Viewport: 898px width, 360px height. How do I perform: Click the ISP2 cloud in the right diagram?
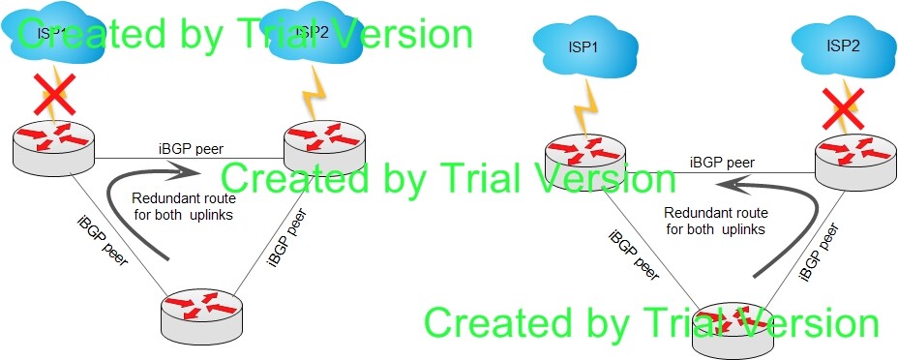[844, 47]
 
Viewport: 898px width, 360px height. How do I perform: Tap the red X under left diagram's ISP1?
[56, 93]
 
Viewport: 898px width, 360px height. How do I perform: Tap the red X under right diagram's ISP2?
[843, 108]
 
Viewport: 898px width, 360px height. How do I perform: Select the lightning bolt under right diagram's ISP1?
[587, 107]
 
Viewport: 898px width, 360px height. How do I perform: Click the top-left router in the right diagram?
[585, 161]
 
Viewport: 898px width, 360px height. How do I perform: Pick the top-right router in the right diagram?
[855, 162]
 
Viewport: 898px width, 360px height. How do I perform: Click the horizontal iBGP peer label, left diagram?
[191, 150]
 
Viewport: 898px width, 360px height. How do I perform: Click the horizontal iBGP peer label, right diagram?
[722, 164]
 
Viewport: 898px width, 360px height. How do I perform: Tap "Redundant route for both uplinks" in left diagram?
[183, 207]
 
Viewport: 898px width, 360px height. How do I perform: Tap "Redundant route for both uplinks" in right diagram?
[716, 221]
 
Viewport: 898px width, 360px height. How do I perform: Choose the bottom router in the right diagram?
[733, 331]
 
